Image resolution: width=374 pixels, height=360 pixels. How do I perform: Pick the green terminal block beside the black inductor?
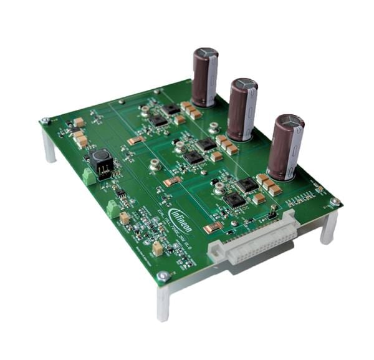coord(90,177)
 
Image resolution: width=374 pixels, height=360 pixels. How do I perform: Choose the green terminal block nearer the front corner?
coord(113,208)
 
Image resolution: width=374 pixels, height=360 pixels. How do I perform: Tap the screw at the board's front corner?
coord(163,275)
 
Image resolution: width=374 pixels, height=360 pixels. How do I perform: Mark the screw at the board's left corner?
coord(46,120)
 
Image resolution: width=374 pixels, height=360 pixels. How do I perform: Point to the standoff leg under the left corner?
coord(49,145)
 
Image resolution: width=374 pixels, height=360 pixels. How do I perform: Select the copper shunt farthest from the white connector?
coord(136,141)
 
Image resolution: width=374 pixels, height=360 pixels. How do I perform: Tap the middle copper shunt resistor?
coord(172,182)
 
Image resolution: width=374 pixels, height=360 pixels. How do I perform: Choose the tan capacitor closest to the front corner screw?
coord(157,248)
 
